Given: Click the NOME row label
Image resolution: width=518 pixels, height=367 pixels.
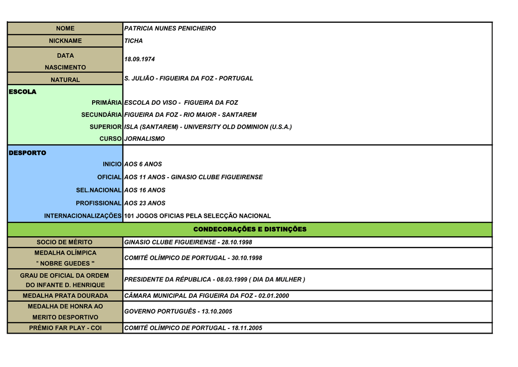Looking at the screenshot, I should [x=65, y=28].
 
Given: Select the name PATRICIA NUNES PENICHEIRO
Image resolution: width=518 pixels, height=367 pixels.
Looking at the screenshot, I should [x=170, y=28].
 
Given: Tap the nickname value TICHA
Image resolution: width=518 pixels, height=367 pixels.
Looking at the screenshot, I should [x=134, y=40].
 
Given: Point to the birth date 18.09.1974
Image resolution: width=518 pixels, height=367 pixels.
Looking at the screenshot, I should [x=140, y=59].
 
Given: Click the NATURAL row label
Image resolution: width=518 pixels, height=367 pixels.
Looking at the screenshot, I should [x=65, y=79].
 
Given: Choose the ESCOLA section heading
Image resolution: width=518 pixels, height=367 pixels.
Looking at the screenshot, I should [x=23, y=92].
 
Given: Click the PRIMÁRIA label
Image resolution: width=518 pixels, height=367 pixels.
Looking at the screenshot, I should [x=106, y=103].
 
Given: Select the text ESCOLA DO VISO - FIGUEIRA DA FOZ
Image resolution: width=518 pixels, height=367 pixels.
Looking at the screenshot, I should [x=181, y=103].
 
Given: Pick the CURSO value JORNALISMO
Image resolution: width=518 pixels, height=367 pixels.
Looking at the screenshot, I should [x=145, y=139].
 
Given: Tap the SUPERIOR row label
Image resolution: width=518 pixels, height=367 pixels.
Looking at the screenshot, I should [x=105, y=127].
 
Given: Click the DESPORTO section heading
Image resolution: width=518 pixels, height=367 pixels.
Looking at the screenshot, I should [x=27, y=153].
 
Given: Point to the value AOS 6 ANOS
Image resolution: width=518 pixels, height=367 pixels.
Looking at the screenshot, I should [x=143, y=164].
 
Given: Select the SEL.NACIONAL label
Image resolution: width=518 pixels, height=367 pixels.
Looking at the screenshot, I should [x=99, y=190].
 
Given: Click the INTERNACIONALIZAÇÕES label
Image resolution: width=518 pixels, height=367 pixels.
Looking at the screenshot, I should [x=83, y=216].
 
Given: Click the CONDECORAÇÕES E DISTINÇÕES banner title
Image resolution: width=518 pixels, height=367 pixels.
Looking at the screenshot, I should [x=250, y=229].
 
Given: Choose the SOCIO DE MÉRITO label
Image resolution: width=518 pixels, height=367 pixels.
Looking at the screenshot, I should [x=65, y=242].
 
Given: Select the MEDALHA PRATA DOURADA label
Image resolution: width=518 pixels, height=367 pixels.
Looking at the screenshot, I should [x=65, y=296].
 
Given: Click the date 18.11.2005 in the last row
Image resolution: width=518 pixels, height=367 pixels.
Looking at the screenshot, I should [x=247, y=328].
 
